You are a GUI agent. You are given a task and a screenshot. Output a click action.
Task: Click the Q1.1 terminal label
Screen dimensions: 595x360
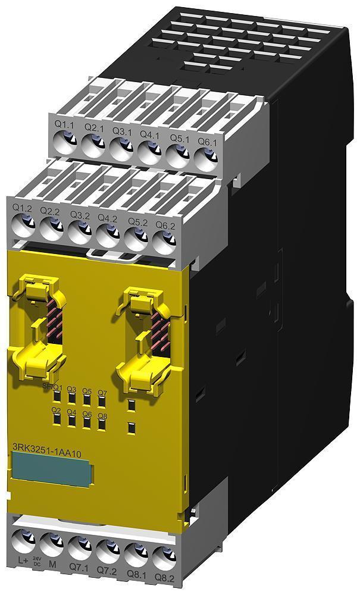[64, 126]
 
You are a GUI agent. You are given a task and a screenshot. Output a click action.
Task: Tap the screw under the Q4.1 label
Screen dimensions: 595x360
[149, 148]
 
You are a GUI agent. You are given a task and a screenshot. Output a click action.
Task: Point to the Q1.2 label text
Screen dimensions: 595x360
[22, 208]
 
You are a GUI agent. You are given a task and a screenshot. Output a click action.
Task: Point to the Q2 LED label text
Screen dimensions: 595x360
[57, 411]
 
